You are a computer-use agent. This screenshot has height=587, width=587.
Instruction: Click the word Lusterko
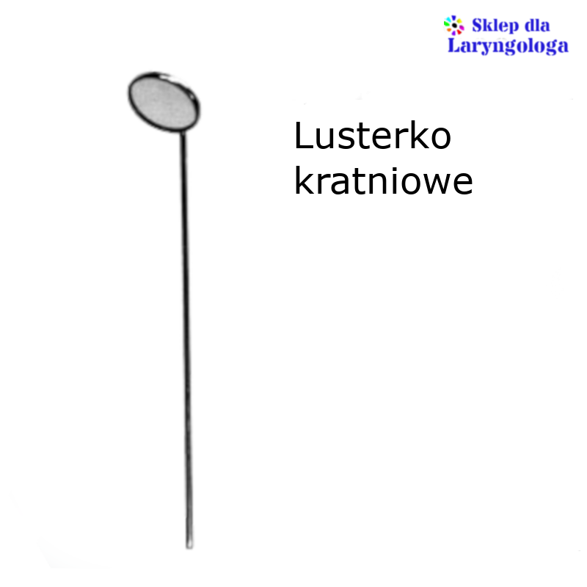373,135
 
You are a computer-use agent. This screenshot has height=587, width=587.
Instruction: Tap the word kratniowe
383,181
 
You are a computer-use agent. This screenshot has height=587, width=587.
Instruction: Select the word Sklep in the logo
495,26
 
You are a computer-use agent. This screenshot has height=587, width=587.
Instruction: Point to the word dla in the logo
537,26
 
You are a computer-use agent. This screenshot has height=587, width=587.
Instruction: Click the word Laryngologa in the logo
508,45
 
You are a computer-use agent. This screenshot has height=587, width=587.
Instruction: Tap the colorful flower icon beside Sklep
454,25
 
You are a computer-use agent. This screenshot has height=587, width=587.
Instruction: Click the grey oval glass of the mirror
163,102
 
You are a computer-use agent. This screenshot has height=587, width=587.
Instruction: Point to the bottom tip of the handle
189,547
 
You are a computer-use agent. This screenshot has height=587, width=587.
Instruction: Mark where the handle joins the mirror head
183,131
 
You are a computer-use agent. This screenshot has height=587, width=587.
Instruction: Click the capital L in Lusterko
302,136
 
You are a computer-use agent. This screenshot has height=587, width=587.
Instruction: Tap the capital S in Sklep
478,26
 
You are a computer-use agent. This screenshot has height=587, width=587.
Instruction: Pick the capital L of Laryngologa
454,45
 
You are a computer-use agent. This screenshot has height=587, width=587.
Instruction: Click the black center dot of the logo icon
454,26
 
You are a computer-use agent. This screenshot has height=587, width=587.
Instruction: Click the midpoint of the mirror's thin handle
186,339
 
